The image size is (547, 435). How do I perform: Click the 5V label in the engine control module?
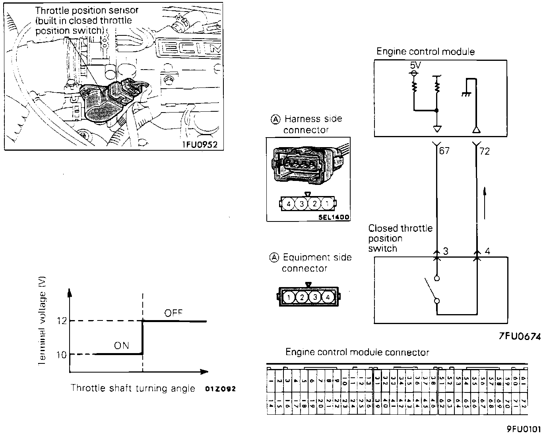(415, 65)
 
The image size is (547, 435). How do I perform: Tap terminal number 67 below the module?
(444, 151)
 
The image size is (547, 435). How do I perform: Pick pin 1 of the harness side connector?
(327, 204)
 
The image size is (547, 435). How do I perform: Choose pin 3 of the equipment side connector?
(315, 297)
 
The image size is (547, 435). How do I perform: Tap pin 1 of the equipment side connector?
(289, 297)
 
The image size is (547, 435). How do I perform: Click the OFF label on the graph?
(173, 313)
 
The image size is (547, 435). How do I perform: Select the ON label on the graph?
(122, 346)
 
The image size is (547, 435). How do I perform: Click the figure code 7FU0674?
(520, 336)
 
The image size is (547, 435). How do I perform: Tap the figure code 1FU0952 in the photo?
(200, 144)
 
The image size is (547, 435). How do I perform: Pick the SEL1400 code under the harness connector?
(334, 217)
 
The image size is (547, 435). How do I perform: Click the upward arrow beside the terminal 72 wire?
(485, 203)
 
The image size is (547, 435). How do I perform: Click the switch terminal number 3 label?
(446, 251)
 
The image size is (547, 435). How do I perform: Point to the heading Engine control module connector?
(357, 352)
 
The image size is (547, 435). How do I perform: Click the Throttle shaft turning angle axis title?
(133, 388)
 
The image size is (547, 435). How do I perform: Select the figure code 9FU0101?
(524, 429)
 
